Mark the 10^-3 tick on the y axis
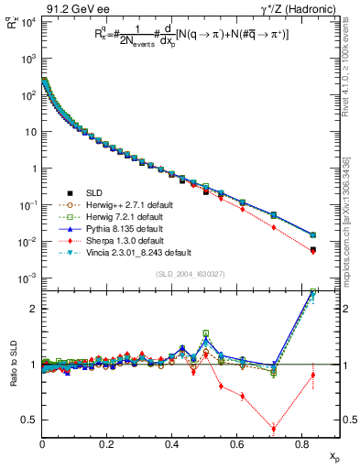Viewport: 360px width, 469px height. pyautogui.click(x=27, y=278)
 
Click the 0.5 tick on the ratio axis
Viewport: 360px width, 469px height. pyautogui.click(x=30, y=420)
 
